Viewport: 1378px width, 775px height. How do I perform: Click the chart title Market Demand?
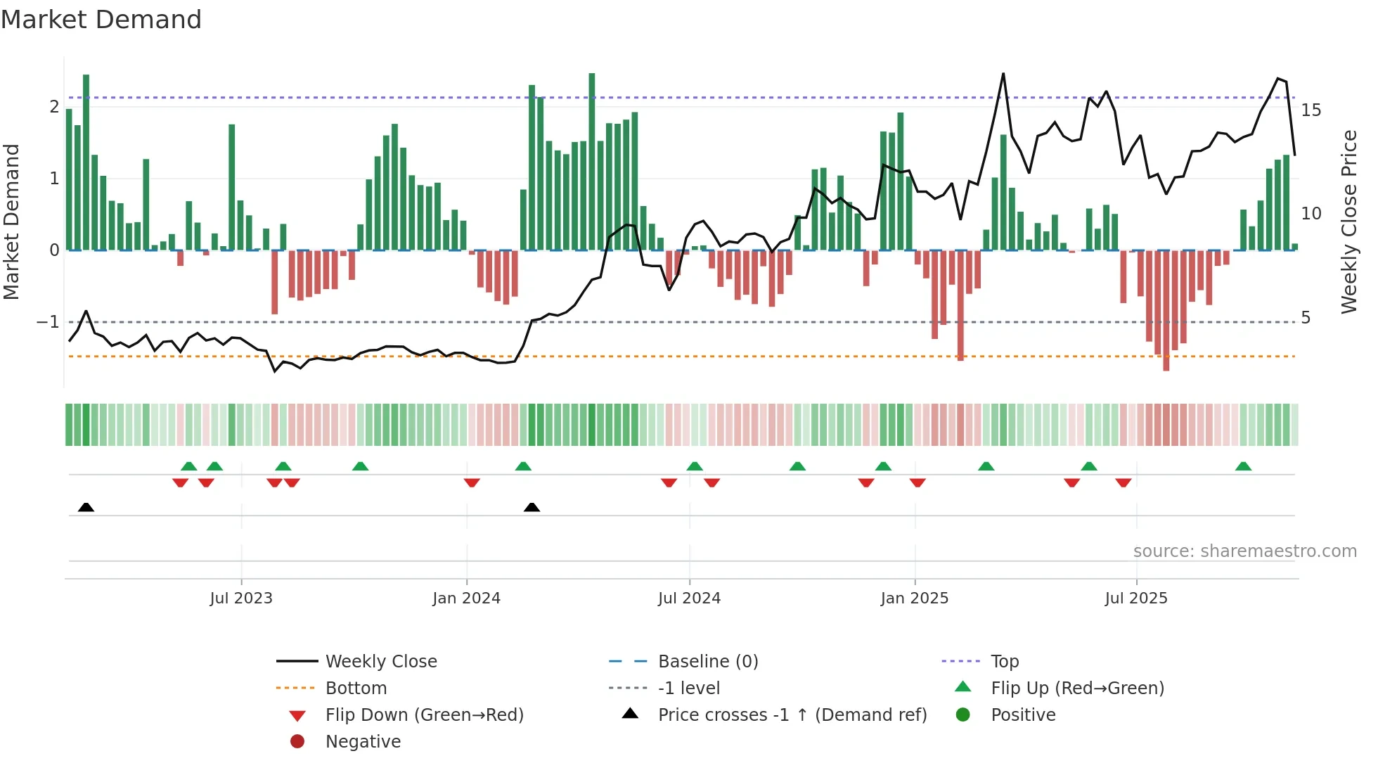point(101,19)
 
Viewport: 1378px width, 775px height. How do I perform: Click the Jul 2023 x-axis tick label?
point(241,598)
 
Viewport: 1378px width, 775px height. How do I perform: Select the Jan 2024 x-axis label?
point(466,598)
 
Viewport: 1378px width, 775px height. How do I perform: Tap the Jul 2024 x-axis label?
point(689,598)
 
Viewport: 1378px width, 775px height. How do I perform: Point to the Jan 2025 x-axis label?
point(914,598)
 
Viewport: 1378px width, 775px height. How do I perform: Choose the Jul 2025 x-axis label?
point(1136,598)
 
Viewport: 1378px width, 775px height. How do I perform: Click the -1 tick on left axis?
point(49,322)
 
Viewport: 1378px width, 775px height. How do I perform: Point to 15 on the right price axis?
point(1311,110)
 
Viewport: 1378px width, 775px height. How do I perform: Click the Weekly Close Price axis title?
point(1348,222)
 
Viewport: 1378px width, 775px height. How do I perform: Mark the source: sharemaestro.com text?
point(1244,551)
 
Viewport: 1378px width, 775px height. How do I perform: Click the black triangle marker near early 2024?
point(532,507)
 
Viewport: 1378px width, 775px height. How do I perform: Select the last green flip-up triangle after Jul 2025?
point(1243,466)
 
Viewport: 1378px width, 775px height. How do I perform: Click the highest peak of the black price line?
point(1003,74)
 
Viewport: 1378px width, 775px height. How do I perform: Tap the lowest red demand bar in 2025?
point(1166,367)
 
